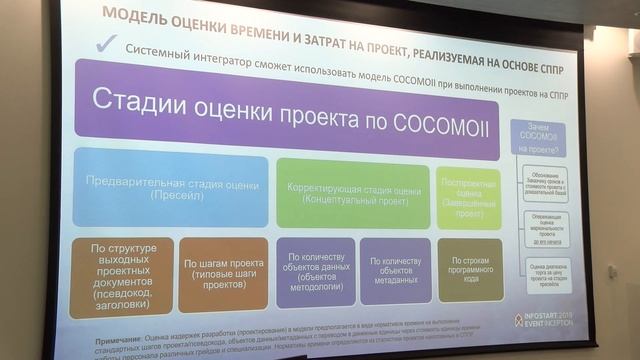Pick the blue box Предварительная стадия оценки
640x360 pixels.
pyautogui.click(x=170, y=189)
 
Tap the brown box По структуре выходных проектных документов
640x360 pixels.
pyautogui.click(x=121, y=271)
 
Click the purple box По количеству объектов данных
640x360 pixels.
pyautogui.click(x=315, y=269)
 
